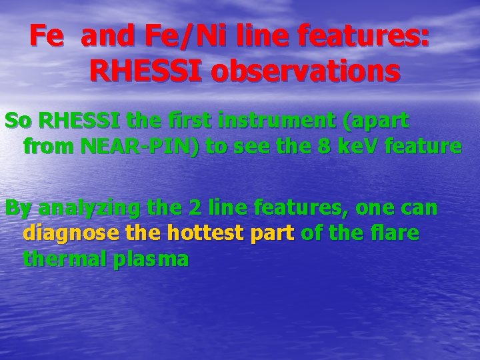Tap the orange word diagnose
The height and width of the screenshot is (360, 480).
pyautogui.click(x=69, y=233)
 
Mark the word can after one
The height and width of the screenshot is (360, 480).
pyautogui.click(x=420, y=209)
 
